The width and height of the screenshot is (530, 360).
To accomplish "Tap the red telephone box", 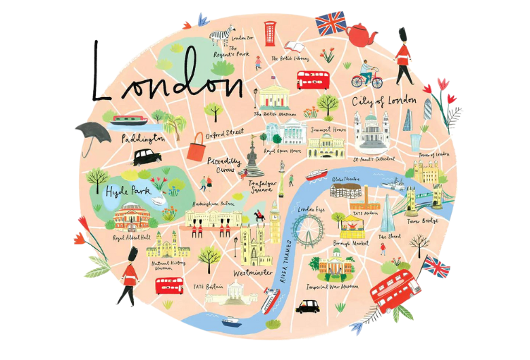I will (x=270, y=33).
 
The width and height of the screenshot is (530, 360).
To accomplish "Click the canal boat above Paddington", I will (x=129, y=122).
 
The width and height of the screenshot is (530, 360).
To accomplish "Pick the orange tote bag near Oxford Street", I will (x=196, y=147).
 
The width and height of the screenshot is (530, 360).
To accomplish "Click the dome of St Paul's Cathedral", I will (x=372, y=122).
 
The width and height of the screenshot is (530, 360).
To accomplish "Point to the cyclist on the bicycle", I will (x=367, y=74).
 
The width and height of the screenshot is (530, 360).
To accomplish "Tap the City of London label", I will (x=384, y=101).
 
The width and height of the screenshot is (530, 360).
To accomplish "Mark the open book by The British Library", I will (x=294, y=47).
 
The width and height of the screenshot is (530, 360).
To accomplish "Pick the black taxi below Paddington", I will (x=146, y=158).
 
